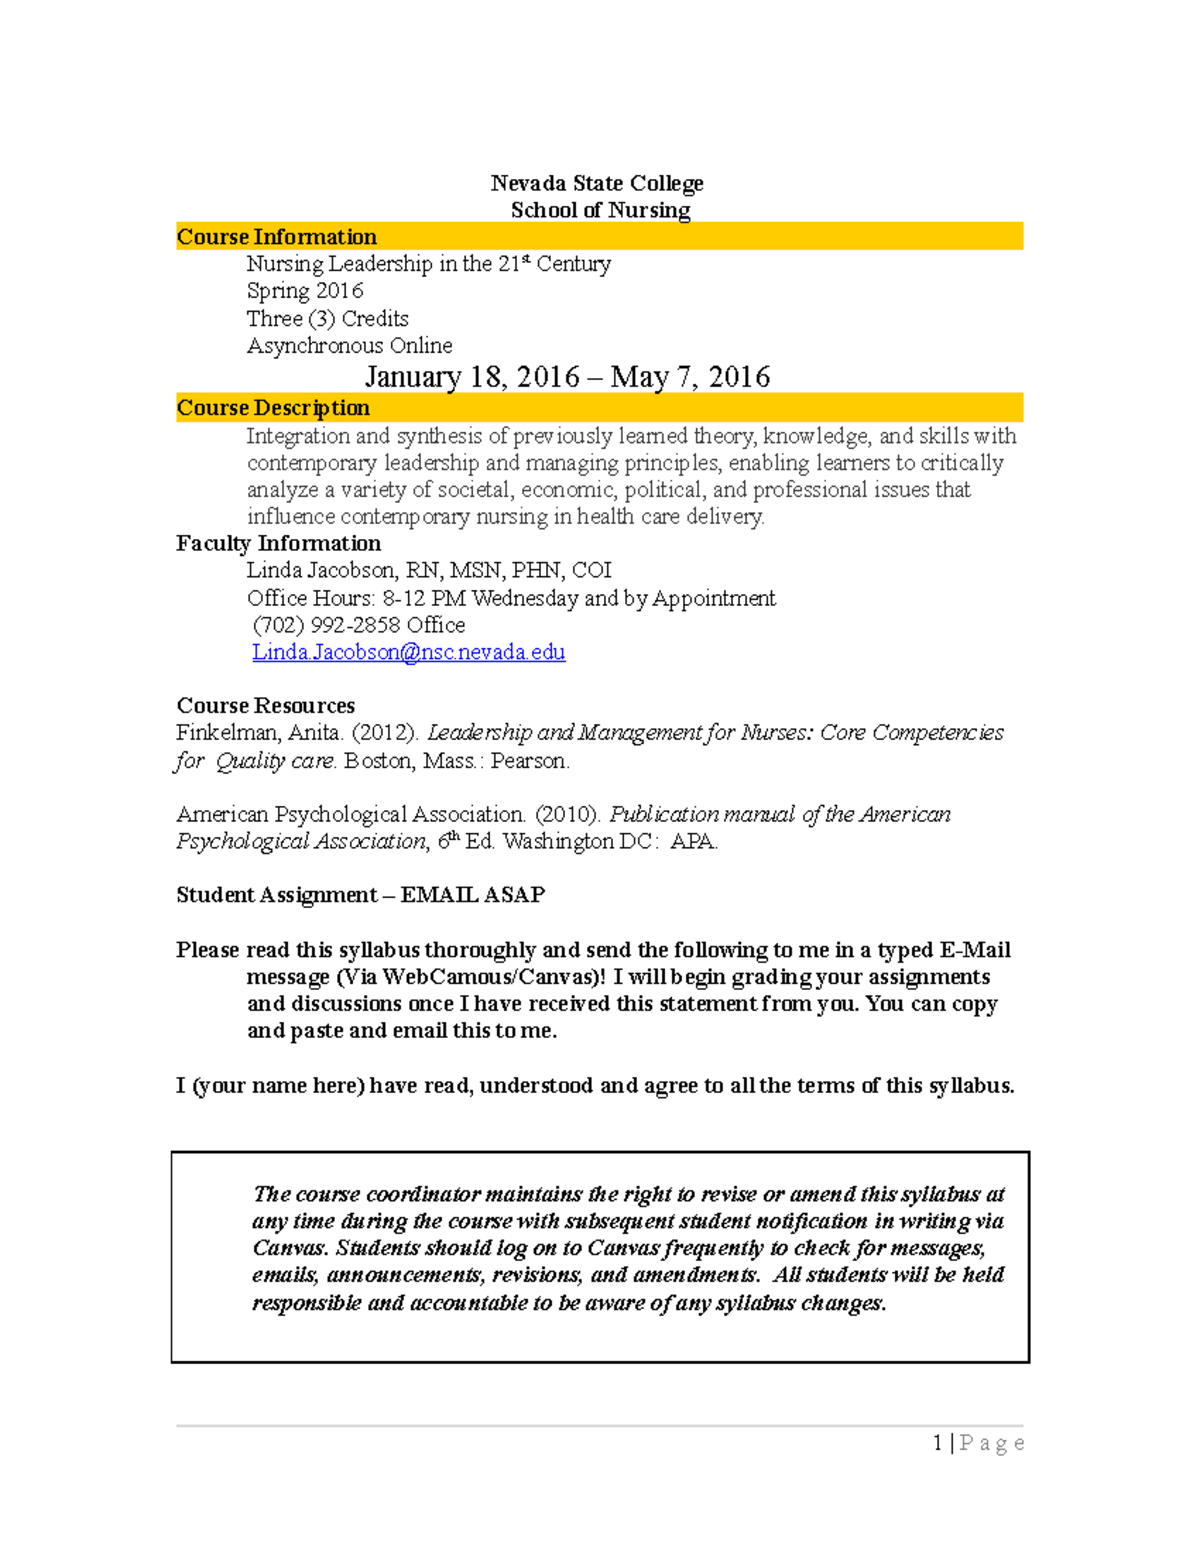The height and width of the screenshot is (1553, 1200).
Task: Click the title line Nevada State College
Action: [x=597, y=183]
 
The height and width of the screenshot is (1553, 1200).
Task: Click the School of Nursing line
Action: [x=600, y=210]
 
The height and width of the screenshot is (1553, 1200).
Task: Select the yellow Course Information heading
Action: [x=277, y=237]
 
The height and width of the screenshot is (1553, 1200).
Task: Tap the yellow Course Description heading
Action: [x=273, y=408]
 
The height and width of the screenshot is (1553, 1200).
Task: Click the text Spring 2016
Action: [x=305, y=291]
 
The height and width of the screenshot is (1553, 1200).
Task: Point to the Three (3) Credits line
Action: [x=328, y=319]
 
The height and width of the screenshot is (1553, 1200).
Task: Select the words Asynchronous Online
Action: [x=350, y=346]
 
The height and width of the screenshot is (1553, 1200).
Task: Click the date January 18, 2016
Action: [x=472, y=377]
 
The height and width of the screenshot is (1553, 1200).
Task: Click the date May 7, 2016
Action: [x=690, y=377]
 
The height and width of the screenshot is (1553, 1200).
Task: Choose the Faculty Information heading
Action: [x=278, y=544]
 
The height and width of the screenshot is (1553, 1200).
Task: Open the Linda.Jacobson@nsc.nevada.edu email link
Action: [x=408, y=652]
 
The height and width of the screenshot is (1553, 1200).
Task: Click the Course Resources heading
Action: [x=265, y=706]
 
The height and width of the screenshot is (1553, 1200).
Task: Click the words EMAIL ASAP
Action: [x=472, y=895]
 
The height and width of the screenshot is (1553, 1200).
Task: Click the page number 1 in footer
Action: [x=937, y=1443]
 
